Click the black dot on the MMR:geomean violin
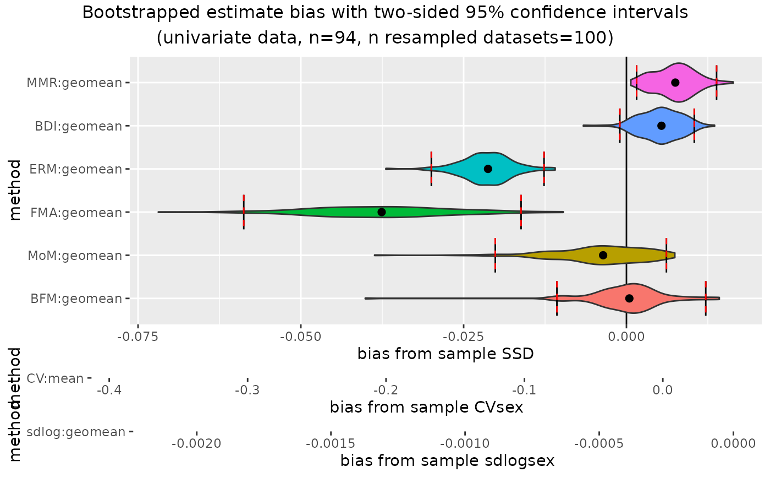pos(675,83)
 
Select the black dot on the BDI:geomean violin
pos(661,126)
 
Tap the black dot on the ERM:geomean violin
pos(488,169)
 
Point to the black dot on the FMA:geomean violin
pos(382,212)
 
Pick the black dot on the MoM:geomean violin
pos(603,255)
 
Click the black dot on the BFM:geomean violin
pos(629,299)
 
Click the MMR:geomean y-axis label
pos(74,83)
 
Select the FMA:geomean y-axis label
pos(75,212)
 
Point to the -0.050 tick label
pos(300,335)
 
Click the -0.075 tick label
pos(137,335)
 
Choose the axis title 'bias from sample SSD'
pos(446,353)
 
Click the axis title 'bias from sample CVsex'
pos(426,407)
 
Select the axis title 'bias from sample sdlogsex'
pos(447,460)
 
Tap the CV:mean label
pos(55,378)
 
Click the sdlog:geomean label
pos(76,432)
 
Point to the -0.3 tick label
pos(247,391)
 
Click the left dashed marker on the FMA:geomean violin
pos(244,212)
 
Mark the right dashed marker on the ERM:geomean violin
pos(544,169)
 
